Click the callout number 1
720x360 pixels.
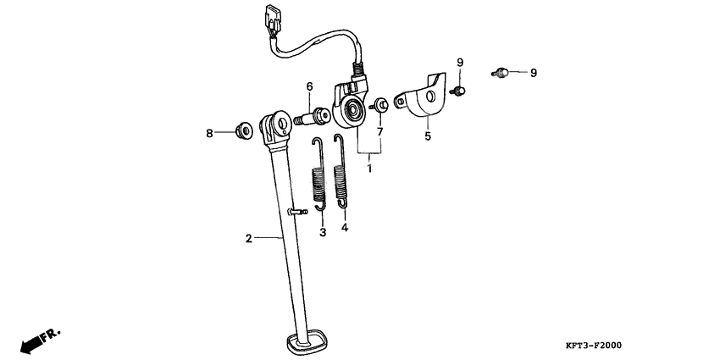click(x=369, y=168)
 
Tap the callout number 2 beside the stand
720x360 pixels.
click(x=248, y=238)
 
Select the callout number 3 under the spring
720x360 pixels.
click(x=323, y=232)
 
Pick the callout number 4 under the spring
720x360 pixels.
click(x=345, y=227)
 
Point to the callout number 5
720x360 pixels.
click(x=428, y=136)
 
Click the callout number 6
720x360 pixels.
click(x=309, y=86)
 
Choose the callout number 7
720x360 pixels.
click(x=379, y=132)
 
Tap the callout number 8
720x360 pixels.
click(x=209, y=134)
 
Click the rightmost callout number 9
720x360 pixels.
click(x=533, y=73)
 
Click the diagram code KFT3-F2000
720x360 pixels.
click(x=593, y=346)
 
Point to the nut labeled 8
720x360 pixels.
click(x=244, y=130)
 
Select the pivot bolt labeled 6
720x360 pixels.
click(x=312, y=117)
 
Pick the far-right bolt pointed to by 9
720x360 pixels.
click(x=500, y=72)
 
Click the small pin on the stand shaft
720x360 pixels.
click(x=297, y=211)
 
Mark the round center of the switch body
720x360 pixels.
click(x=354, y=110)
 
